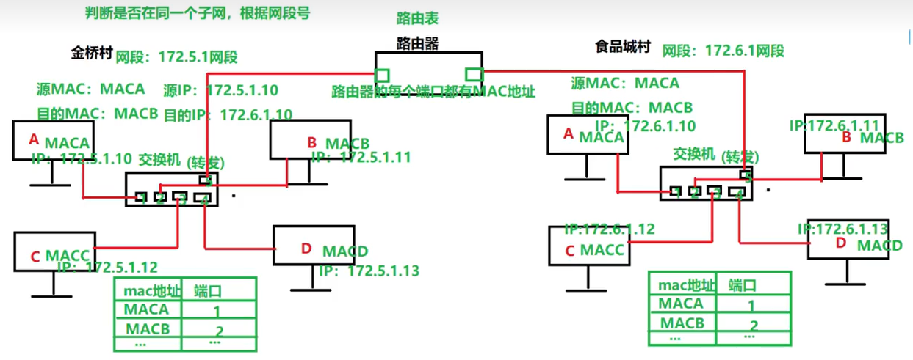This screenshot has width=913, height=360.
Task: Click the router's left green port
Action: pyautogui.click(x=382, y=75)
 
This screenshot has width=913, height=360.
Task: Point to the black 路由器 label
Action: pyautogui.click(x=416, y=43)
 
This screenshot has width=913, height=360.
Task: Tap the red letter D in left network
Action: pyautogui.click(x=306, y=249)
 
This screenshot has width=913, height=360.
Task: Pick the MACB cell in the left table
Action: pyautogui.click(x=147, y=328)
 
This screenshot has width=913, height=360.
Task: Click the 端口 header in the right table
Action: pyautogui.click(x=742, y=285)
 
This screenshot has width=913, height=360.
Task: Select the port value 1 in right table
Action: pyautogui.click(x=751, y=306)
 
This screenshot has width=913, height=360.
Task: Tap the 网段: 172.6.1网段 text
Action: pyautogui.click(x=723, y=51)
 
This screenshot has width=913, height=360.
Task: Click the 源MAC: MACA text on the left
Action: pyautogui.click(x=90, y=89)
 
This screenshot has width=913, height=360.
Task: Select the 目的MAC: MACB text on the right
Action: pyautogui.click(x=632, y=108)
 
